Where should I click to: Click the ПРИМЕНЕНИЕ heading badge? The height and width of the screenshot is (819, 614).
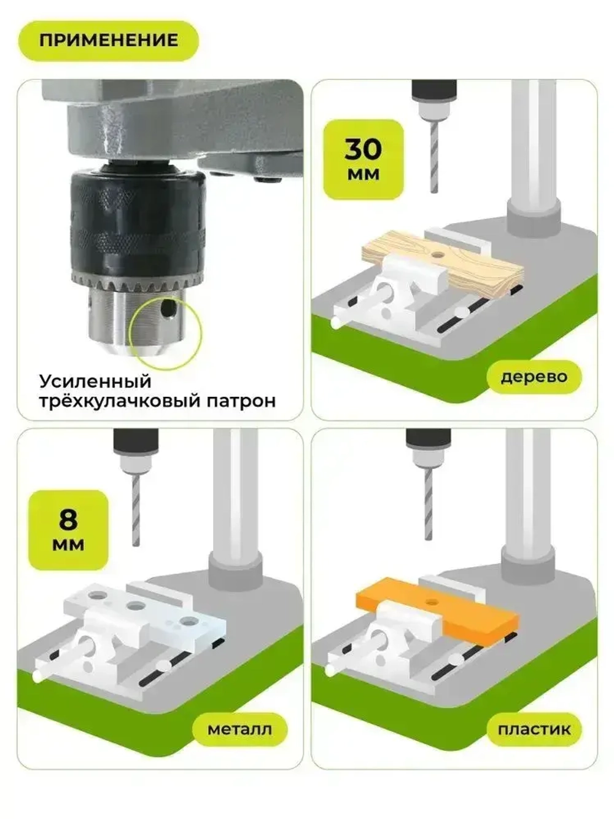[x=108, y=41]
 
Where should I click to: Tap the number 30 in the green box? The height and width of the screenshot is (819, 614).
[x=363, y=149]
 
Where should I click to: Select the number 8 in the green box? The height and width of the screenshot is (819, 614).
[x=68, y=519]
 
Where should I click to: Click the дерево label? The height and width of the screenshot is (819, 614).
[x=534, y=377]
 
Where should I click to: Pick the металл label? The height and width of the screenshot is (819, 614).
[x=239, y=729]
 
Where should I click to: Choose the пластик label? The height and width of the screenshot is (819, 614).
[x=534, y=729]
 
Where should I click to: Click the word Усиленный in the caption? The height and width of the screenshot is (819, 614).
[x=95, y=381]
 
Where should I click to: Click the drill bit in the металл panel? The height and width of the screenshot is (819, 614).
[x=136, y=510]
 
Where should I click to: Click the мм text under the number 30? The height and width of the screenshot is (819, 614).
[x=363, y=174]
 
